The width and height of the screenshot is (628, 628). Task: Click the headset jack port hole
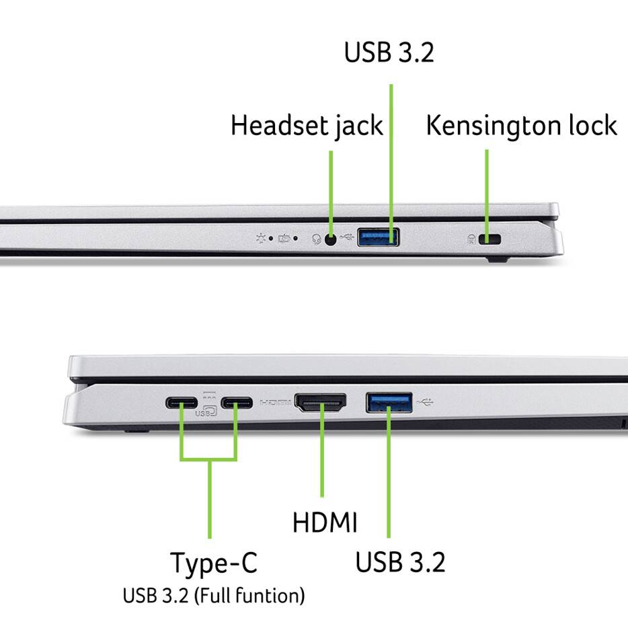330,238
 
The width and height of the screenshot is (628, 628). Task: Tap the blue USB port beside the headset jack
378,237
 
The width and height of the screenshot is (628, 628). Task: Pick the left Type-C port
182,403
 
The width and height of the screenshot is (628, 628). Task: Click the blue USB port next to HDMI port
389,402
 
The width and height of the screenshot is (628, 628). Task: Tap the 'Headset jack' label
307,126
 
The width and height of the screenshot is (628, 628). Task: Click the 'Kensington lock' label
521,126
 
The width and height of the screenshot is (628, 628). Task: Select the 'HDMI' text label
325,522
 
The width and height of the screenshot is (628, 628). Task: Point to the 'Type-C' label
213,563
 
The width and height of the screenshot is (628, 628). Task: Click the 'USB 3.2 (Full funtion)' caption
213,595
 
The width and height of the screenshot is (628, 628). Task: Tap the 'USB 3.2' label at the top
389,53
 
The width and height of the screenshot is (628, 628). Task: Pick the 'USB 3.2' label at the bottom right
399,562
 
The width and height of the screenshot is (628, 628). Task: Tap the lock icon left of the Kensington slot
471,239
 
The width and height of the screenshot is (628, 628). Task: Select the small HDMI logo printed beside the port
276,403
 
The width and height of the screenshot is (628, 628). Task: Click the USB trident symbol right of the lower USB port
425,403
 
